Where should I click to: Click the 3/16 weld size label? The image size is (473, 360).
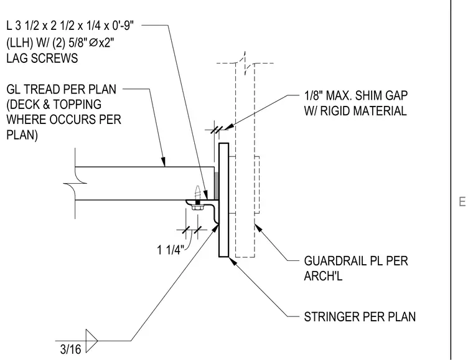tap(70, 349)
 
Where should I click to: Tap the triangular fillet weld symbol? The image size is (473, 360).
tap(91, 341)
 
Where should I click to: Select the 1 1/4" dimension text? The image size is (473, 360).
tap(170, 250)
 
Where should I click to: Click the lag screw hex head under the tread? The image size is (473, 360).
tap(197, 207)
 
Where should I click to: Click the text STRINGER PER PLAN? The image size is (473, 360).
tap(360, 317)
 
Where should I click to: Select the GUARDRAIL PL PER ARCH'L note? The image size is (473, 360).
tap(356, 268)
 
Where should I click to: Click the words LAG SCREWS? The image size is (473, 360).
tap(42, 58)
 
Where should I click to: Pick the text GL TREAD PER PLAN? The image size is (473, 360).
tap(61, 89)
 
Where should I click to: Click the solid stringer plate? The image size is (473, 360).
tap(223, 200)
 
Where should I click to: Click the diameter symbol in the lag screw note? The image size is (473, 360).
tap(93, 43)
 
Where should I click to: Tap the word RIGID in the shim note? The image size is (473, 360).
tap(335, 111)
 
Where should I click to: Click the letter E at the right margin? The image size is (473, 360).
tap(462, 202)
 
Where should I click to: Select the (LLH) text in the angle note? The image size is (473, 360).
tap(20, 43)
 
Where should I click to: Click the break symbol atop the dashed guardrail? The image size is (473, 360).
tap(245, 63)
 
